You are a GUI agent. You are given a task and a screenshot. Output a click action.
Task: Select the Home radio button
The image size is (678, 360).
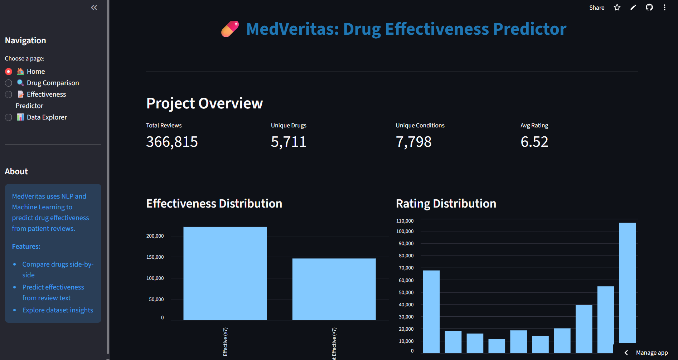point(9,72)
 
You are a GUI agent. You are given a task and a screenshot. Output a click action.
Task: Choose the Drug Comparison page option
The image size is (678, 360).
point(9,83)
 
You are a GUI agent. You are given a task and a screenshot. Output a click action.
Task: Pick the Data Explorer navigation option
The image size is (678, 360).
point(9,117)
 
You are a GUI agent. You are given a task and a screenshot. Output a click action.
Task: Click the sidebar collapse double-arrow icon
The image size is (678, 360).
point(94,8)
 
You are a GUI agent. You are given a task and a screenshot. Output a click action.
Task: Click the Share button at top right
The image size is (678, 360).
point(596,8)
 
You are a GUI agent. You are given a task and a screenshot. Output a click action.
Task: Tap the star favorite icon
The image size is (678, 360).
point(617,8)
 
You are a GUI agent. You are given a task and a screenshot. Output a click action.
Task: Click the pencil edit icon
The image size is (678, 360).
point(633,8)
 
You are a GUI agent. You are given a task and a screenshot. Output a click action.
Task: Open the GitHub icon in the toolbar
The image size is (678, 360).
point(649,8)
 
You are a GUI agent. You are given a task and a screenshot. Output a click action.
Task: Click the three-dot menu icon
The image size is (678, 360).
point(664,8)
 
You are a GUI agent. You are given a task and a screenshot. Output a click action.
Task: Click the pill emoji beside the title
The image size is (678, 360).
point(230,29)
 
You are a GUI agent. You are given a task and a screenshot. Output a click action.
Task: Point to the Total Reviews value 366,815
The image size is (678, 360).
point(172,142)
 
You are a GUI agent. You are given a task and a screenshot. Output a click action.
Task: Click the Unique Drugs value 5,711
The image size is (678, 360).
point(289,142)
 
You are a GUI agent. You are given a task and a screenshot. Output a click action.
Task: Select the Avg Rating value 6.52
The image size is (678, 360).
point(534,142)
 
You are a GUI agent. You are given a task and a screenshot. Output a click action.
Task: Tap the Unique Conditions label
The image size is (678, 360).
point(420,126)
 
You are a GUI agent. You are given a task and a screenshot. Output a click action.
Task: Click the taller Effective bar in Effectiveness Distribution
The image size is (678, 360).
point(225,273)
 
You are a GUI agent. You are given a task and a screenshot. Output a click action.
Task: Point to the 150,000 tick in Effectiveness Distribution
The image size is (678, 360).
point(155,257)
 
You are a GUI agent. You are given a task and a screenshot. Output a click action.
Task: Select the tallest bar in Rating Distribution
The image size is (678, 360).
point(627,283)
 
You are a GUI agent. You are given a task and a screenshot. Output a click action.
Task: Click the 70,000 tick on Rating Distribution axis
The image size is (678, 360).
point(406,268)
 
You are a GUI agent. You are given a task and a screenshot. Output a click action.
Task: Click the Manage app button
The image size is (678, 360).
point(652,352)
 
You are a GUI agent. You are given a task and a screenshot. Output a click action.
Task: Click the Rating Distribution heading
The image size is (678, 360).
point(446,204)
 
